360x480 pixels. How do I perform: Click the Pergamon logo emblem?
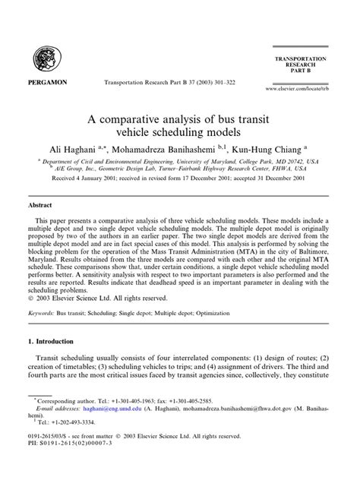[45, 57]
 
